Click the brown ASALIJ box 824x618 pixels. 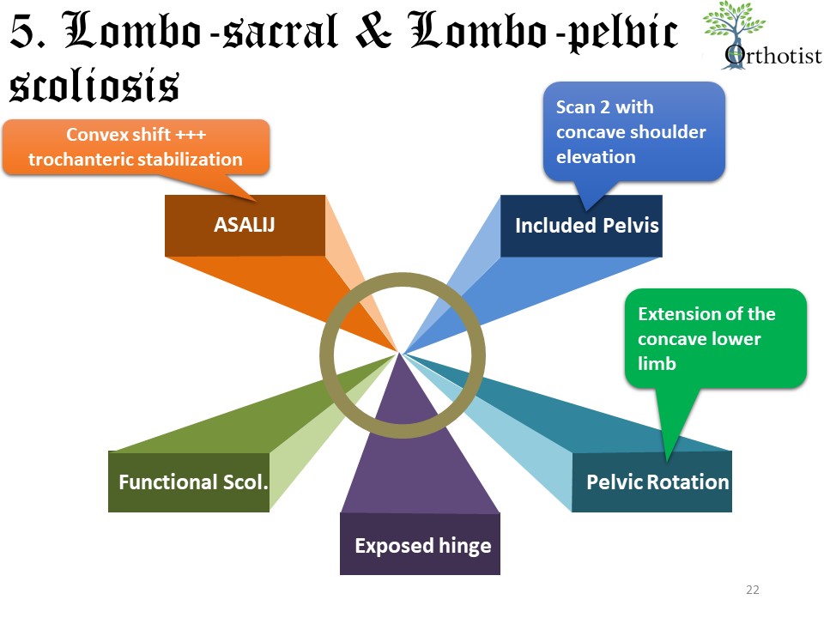(x=245, y=226)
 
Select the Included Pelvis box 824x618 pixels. (x=581, y=226)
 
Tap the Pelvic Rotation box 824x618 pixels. (x=651, y=482)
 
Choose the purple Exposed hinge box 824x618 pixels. (x=420, y=544)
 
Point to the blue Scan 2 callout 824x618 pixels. (x=635, y=130)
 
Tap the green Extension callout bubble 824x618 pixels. (x=716, y=337)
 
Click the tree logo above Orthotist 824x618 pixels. (x=734, y=26)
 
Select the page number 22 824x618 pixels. (x=753, y=590)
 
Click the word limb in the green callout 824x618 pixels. (x=657, y=363)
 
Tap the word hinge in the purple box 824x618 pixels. (x=463, y=545)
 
